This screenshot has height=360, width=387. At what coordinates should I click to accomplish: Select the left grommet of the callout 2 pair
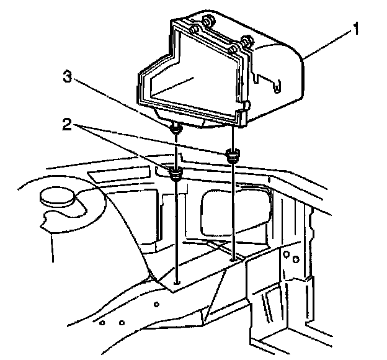[175, 173]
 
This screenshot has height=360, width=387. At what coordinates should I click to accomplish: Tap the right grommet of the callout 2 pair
[233, 155]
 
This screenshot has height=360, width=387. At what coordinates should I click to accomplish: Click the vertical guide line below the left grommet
[177, 230]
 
